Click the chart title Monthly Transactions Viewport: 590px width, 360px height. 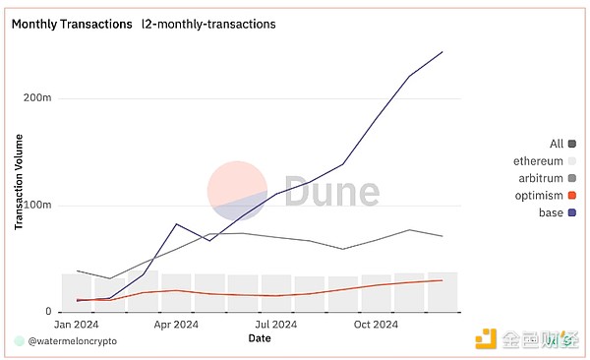(72, 23)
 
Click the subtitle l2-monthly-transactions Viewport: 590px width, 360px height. (208, 23)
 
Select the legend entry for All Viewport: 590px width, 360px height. (558, 144)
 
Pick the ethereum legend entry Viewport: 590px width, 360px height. (538, 161)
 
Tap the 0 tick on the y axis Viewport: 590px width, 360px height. (60, 312)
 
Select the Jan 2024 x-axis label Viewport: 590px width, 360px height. (76, 324)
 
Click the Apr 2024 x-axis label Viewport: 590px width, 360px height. (176, 324)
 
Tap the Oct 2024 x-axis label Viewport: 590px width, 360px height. (376, 324)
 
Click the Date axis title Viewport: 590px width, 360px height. (260, 337)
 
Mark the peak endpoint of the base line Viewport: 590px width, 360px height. (442, 51)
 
